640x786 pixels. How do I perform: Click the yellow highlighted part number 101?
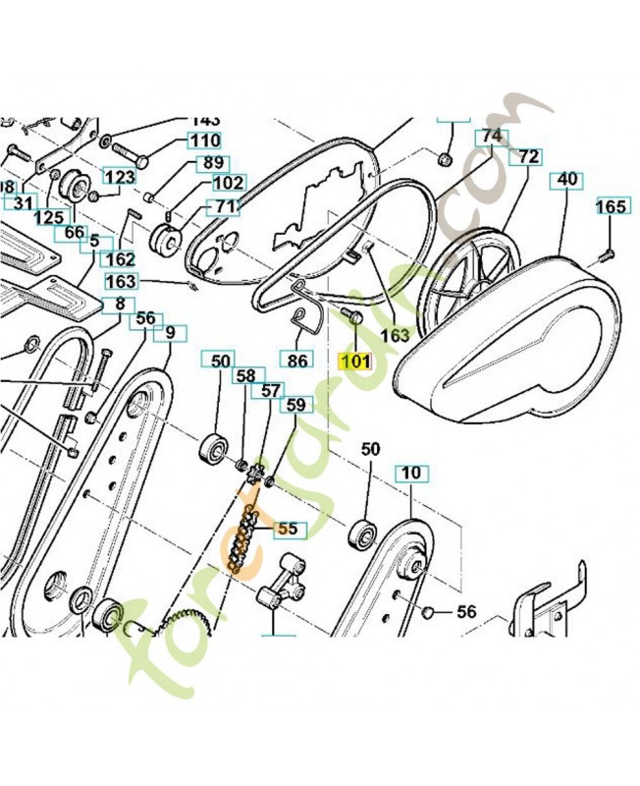354,360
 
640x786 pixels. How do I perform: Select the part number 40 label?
567,180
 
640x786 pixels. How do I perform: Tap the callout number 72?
528,156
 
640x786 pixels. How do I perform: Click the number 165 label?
611,206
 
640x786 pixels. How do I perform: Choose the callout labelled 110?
204,140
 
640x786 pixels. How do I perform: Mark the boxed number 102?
228,183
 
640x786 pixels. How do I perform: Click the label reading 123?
120,177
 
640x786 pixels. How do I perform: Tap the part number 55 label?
287,528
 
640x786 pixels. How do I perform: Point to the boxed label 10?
410,474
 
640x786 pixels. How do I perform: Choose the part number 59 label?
294,404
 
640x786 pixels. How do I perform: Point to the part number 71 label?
226,207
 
